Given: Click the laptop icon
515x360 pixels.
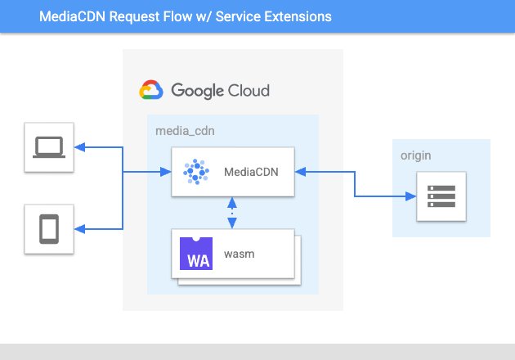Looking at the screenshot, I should pyautogui.click(x=49, y=147).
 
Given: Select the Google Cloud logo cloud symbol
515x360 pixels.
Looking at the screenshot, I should pyautogui.click(x=151, y=89).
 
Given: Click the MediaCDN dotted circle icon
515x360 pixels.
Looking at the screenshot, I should pyautogui.click(x=196, y=172).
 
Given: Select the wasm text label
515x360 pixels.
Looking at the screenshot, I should pyautogui.click(x=239, y=254).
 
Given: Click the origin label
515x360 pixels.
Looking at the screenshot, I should pyautogui.click(x=415, y=155).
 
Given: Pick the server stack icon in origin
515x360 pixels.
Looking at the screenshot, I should pyautogui.click(x=441, y=196).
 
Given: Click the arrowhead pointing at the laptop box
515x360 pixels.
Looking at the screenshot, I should pyautogui.click(x=80, y=147).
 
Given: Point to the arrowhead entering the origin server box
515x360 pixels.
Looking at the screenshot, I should pyautogui.click(x=410, y=196).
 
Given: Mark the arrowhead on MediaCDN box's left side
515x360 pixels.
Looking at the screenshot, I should pyautogui.click(x=166, y=172).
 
